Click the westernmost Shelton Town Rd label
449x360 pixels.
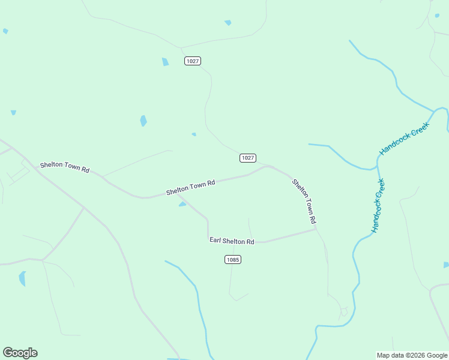coord(65,167)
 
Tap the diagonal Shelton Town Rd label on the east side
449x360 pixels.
coord(304,202)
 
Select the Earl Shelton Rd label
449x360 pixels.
coord(232,241)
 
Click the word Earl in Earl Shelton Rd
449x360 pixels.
coord(215,240)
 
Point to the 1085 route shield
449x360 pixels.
coord(233,260)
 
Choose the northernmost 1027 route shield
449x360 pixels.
coord(193,61)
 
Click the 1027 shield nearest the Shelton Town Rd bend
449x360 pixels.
coord(248,158)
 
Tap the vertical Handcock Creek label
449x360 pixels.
coord(378,205)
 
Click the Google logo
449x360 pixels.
coord(20,353)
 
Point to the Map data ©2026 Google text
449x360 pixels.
coord(412,355)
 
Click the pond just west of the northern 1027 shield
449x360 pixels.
coord(165,62)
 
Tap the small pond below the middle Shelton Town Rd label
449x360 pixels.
coord(182,204)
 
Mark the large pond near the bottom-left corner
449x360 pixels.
coord(22,278)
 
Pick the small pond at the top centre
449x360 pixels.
coord(228,23)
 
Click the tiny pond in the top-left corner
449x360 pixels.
coord(5,31)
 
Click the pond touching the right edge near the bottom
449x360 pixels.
coord(446,265)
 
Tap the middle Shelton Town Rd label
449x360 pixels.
coord(190,188)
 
